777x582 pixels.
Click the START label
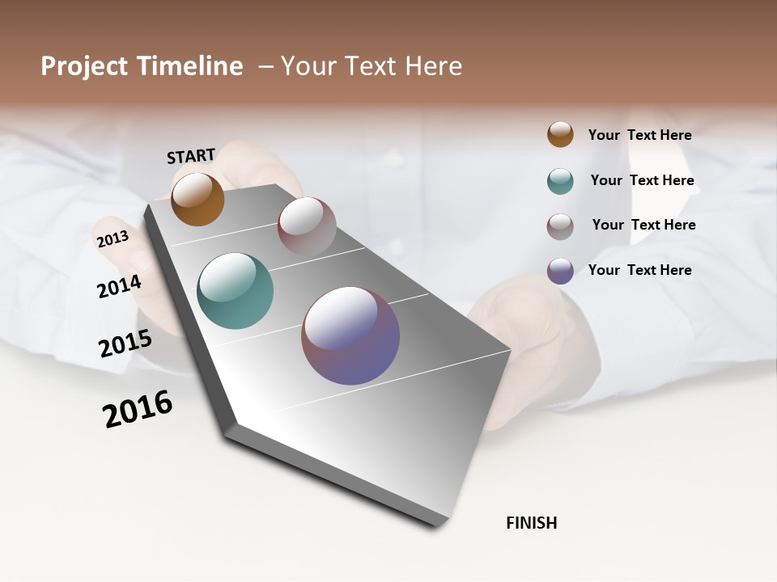[191, 155]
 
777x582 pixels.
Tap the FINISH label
[531, 523]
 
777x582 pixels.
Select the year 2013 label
[113, 239]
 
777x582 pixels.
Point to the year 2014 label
[119, 286]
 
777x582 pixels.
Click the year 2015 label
[125, 344]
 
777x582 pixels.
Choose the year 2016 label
[138, 408]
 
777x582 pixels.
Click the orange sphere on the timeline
[197, 199]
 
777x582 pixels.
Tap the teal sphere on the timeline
[236, 291]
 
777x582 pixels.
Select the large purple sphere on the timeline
[350, 335]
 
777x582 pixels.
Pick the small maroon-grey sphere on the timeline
[307, 226]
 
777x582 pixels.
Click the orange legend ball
[560, 134]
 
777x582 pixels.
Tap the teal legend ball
[560, 181]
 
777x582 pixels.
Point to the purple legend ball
[560, 271]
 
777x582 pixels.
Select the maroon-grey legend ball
[560, 226]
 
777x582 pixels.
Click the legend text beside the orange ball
[639, 135]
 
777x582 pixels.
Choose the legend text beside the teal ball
[642, 180]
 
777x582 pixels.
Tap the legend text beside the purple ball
[639, 270]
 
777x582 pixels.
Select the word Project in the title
[83, 66]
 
